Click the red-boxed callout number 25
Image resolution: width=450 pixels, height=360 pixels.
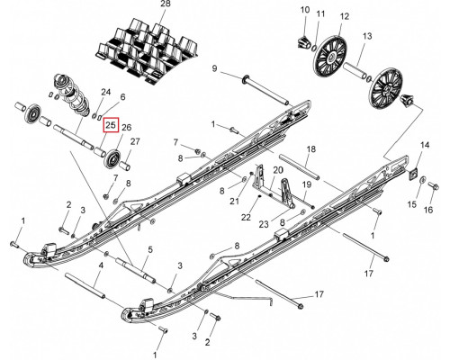click(x=111, y=125)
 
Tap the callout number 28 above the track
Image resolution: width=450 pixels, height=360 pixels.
click(x=166, y=4)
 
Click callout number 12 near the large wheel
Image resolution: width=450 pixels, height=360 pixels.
click(x=345, y=16)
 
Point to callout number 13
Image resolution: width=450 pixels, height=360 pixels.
click(x=367, y=36)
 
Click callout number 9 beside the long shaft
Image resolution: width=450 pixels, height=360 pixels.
click(x=214, y=68)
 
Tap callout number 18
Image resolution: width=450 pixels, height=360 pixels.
click(x=311, y=148)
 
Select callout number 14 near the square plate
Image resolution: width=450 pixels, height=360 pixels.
click(x=425, y=146)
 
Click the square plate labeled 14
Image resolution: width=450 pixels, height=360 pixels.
click(x=412, y=174)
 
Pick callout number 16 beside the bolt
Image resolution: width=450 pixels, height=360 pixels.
click(x=428, y=210)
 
